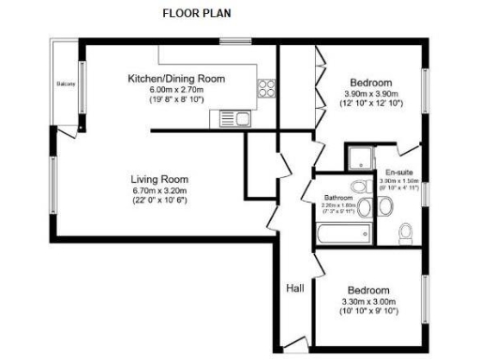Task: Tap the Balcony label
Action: pos(66,84)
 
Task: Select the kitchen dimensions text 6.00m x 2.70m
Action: pos(178,89)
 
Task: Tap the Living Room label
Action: pos(159,179)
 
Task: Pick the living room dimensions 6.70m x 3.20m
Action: pos(159,191)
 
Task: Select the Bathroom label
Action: pos(337,199)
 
